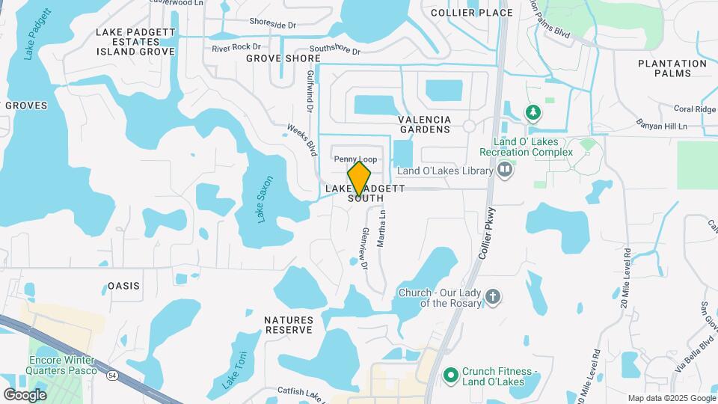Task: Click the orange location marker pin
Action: click(360, 178)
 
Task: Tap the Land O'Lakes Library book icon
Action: click(506, 171)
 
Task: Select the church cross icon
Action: click(492, 296)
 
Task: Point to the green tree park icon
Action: click(533, 113)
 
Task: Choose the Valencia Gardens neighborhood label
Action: click(425, 124)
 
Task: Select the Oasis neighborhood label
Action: click(124, 286)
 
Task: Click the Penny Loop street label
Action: click(355, 159)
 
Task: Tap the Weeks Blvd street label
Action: click(302, 140)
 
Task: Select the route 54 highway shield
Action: click(111, 373)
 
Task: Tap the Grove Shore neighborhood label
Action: click(283, 58)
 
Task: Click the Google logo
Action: click(25, 394)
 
